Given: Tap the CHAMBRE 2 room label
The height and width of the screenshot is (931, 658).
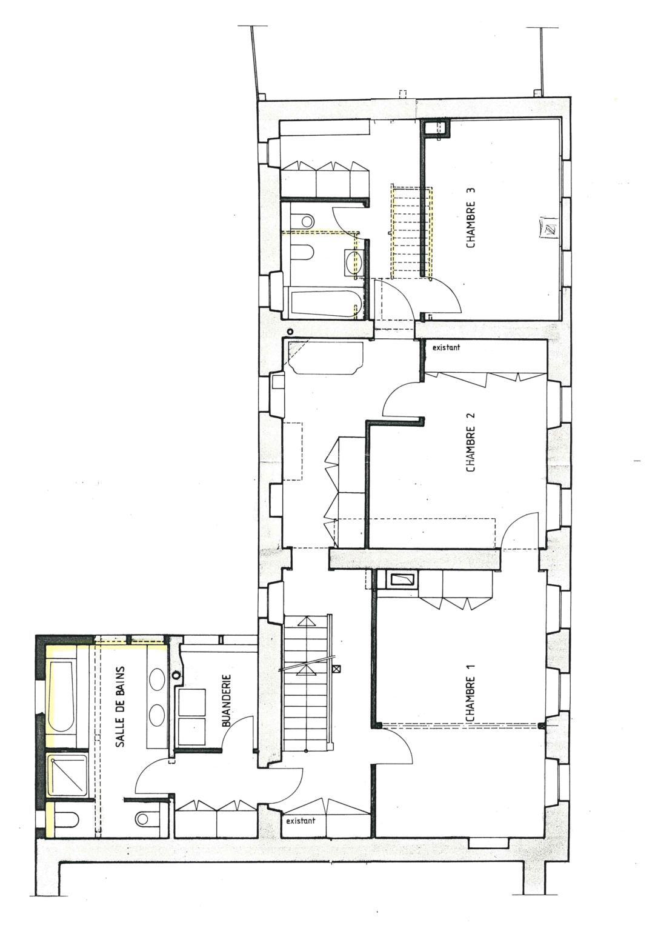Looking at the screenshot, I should (x=471, y=442).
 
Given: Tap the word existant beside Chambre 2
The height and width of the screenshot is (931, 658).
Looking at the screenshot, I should (x=446, y=348).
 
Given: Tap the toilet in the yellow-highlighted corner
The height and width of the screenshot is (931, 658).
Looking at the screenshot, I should (x=67, y=819).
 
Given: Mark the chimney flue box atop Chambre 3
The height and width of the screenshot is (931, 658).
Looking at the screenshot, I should (x=436, y=128).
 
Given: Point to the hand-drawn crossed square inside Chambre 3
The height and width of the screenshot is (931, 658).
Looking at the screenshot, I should (x=549, y=229).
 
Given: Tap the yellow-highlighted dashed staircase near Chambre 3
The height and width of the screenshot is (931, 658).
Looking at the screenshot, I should (x=412, y=232).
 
